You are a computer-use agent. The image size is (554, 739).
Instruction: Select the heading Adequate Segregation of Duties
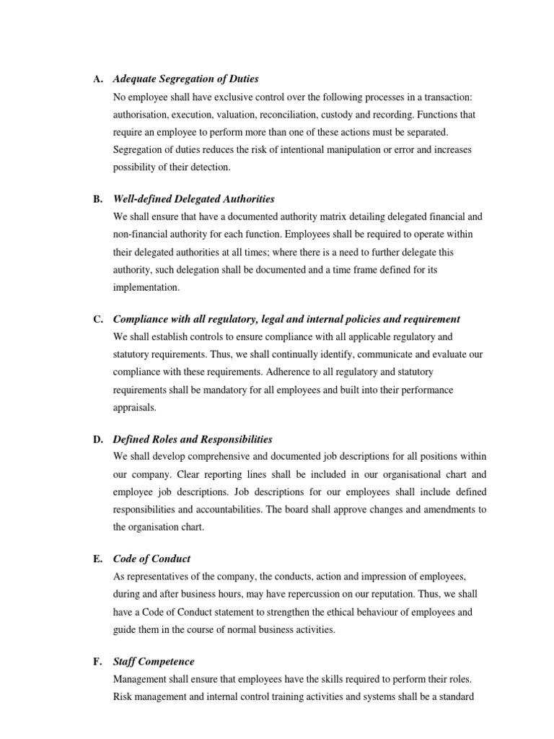click(x=185, y=79)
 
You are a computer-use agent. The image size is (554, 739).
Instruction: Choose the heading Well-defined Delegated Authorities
click(x=193, y=198)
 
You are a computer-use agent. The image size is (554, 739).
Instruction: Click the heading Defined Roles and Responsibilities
click(x=193, y=439)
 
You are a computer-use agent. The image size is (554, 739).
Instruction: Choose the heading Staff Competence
click(x=154, y=661)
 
